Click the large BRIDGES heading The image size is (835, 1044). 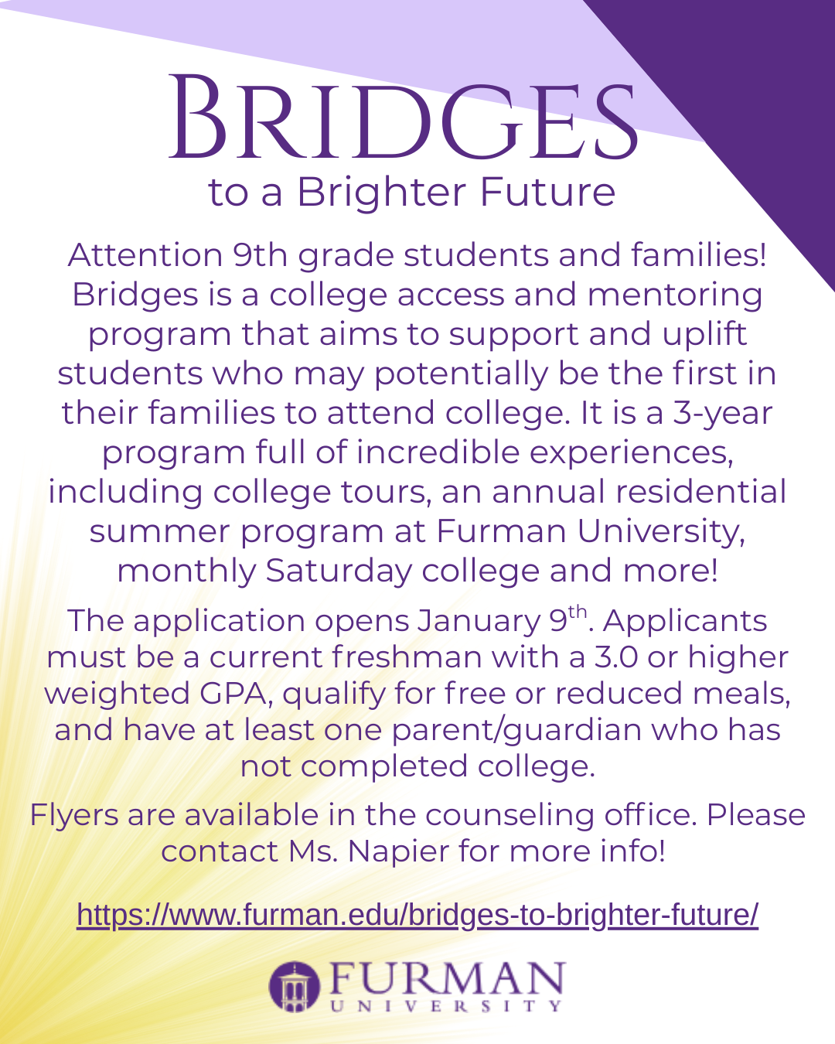[404, 118]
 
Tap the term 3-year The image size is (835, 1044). [722, 413]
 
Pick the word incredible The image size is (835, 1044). [438, 452]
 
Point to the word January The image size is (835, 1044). [479, 621]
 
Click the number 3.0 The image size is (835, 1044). [617, 657]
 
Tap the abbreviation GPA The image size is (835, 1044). [233, 694]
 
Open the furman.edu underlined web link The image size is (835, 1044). [417, 915]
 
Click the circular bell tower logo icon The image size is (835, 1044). [294, 986]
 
